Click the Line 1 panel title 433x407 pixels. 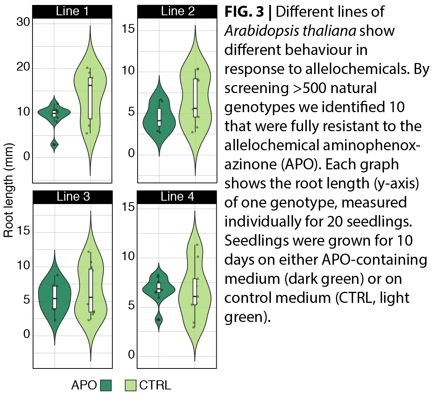pyautogui.click(x=72, y=11)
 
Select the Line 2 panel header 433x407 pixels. pyautogui.click(x=177, y=11)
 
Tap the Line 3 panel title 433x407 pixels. pyautogui.click(x=73, y=196)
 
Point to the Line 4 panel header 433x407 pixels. pyautogui.click(x=177, y=196)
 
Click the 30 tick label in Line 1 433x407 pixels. pyautogui.click(x=23, y=23)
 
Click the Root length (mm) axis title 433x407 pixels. pyautogui.click(x=8, y=190)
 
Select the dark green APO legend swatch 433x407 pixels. pyautogui.click(x=106, y=386)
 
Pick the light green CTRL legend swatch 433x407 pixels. pyautogui.click(x=131, y=386)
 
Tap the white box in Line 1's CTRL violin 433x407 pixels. pyautogui.click(x=90, y=98)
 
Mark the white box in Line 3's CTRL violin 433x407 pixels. pyautogui.click(x=91, y=290)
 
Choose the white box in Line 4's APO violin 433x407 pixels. pyautogui.click(x=159, y=288)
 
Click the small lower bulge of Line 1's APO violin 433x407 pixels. pyautogui.click(x=54, y=144)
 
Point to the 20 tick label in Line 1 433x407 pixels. pyautogui.click(x=23, y=67)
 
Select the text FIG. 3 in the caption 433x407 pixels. pyautogui.click(x=244, y=12)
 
